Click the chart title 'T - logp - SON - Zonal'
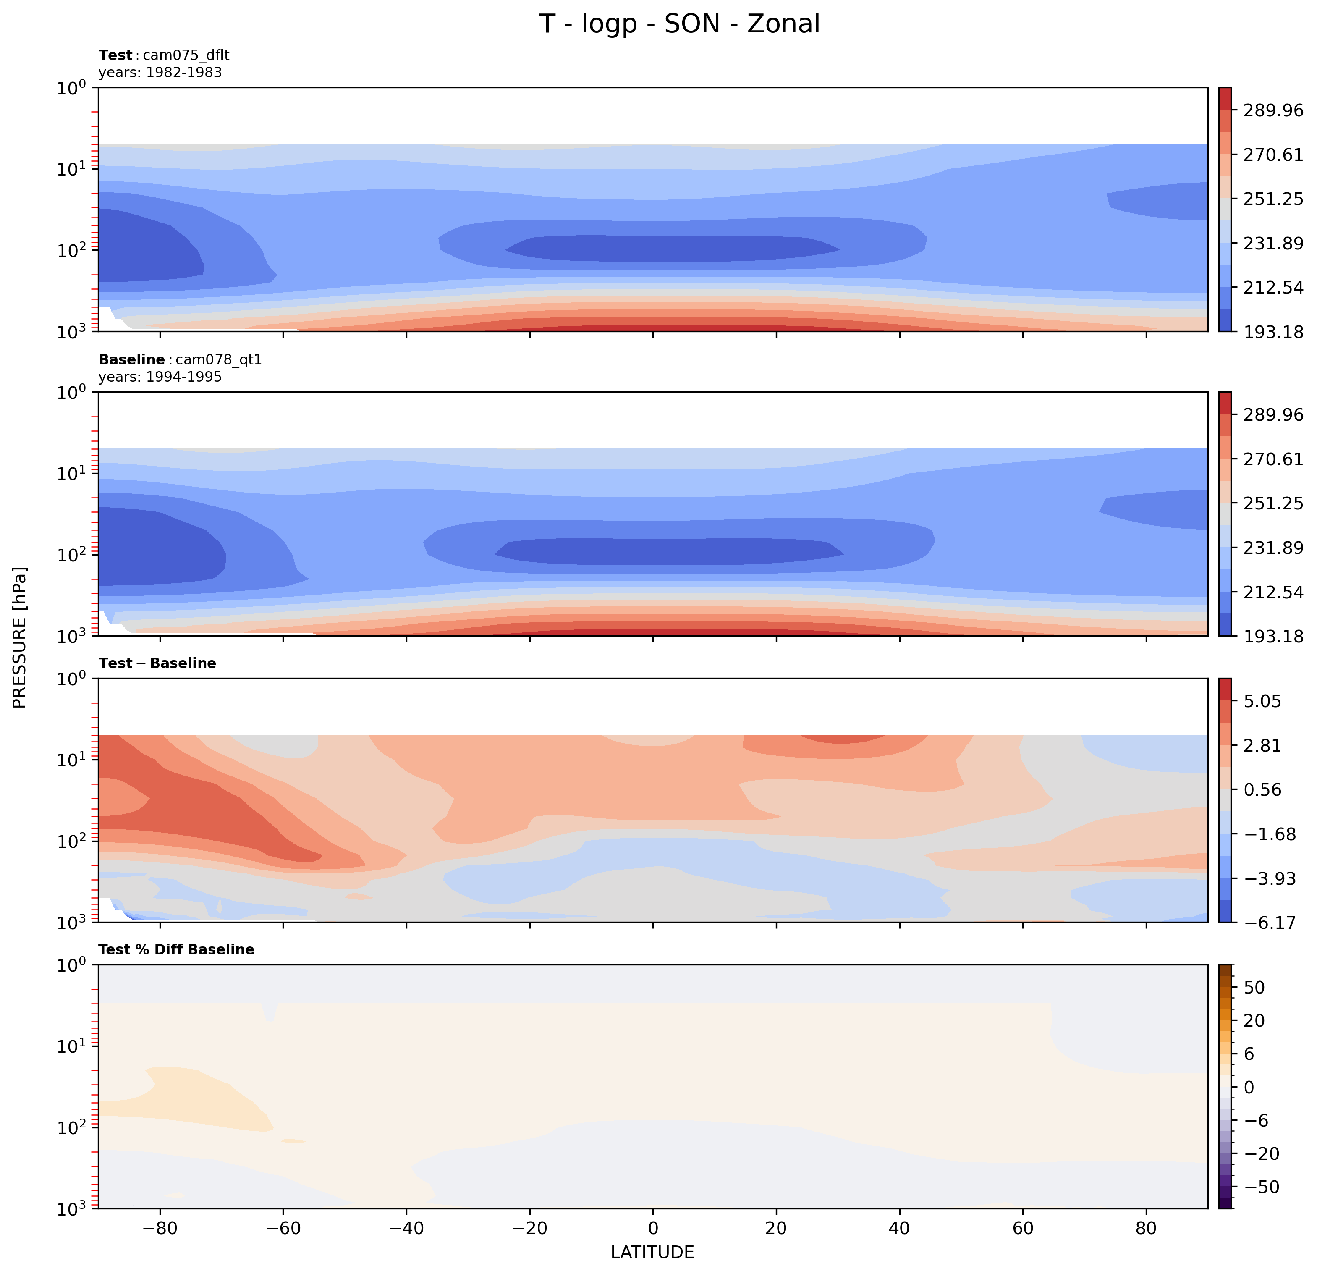click(679, 24)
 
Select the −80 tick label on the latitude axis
click(159, 1228)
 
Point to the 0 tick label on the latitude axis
click(652, 1228)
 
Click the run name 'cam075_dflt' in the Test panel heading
click(186, 55)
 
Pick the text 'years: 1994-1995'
click(160, 377)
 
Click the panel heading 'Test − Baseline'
click(157, 663)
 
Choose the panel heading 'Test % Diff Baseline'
click(176, 949)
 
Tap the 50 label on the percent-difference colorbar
click(1254, 988)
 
